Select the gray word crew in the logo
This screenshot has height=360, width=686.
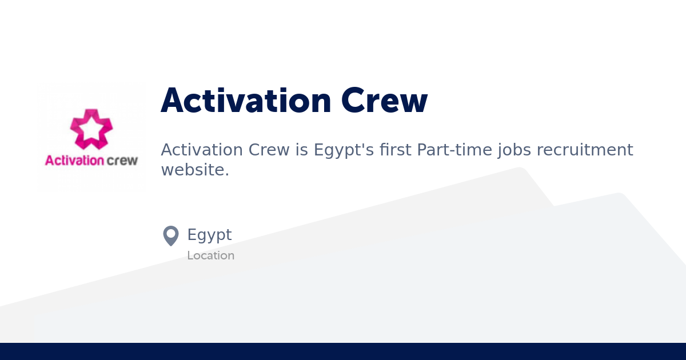(x=122, y=161)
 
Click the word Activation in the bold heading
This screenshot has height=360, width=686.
(x=246, y=101)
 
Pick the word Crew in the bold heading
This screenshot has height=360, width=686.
(x=384, y=101)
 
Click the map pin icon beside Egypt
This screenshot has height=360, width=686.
(x=171, y=235)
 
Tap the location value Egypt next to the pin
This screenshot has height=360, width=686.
(x=209, y=235)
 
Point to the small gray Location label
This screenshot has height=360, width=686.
(x=210, y=255)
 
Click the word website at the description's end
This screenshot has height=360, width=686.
(x=193, y=170)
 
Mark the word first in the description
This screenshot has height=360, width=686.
(x=395, y=150)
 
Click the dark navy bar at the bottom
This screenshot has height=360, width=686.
(x=343, y=351)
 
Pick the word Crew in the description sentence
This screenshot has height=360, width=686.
(x=269, y=150)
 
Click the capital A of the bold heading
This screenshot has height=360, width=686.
(x=173, y=101)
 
